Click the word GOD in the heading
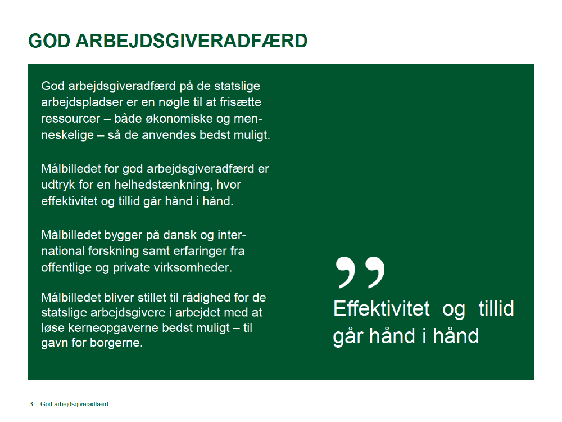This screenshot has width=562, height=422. [x=49, y=41]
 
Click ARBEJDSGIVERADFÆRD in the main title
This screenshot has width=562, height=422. [x=192, y=41]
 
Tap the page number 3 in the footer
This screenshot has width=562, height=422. [x=31, y=404]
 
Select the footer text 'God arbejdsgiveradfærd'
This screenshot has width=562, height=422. [x=74, y=405]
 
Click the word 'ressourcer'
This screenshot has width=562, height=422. [x=71, y=119]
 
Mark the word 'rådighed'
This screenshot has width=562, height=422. [x=206, y=298]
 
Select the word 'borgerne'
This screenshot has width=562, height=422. [x=116, y=343]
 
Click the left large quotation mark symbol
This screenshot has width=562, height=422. [x=346, y=272]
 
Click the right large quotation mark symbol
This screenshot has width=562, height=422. [x=374, y=272]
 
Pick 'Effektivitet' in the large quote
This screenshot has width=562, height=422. [x=382, y=308]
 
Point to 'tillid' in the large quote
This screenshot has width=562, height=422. [x=496, y=308]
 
